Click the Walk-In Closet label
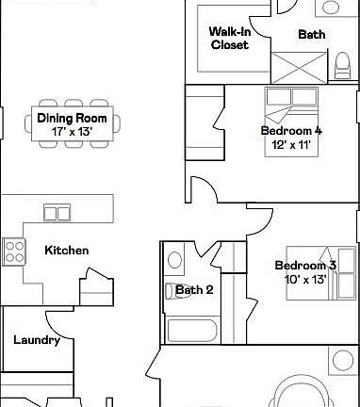pos(229,38)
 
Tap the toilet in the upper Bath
pos(344,64)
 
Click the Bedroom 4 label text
pos(291,131)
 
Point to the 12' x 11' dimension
pos(291,146)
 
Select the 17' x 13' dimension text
pos(73,132)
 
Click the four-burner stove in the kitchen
pos(14,251)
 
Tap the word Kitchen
pos(67,251)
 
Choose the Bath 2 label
pos(195,290)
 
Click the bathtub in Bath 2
pos(193,330)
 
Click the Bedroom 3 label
pos(304,266)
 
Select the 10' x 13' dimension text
pos(304,280)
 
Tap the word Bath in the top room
pos(312,35)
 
